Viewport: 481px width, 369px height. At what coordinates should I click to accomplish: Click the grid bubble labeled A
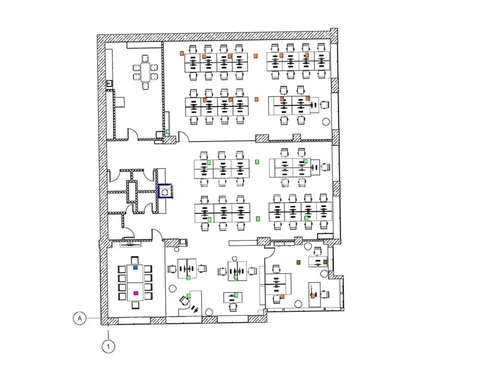click(79, 318)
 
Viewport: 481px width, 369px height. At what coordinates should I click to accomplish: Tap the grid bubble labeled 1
click(108, 347)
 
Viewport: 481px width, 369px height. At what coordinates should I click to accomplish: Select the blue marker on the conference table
click(136, 268)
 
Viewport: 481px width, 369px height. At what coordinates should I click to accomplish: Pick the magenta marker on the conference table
click(136, 293)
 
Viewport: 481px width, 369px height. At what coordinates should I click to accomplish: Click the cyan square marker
click(168, 132)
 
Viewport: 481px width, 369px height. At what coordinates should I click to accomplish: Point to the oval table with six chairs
click(145, 72)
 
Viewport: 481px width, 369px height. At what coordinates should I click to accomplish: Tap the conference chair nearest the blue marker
click(135, 260)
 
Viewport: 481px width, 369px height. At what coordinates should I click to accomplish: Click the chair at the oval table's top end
click(145, 58)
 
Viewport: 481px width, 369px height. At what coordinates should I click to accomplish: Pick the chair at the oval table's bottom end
click(145, 86)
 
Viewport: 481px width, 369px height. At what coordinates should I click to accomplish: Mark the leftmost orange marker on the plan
click(182, 53)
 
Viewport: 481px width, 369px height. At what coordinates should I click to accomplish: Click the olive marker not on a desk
click(299, 262)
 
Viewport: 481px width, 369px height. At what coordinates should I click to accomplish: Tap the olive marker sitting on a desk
click(325, 262)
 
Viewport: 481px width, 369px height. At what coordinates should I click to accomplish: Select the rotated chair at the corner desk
click(184, 300)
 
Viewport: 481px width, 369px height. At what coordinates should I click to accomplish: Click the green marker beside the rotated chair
click(189, 296)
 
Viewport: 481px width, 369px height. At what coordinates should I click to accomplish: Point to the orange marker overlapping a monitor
click(313, 296)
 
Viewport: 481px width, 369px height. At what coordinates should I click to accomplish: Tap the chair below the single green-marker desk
click(233, 307)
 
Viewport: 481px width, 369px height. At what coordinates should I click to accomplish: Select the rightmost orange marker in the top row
click(307, 55)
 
